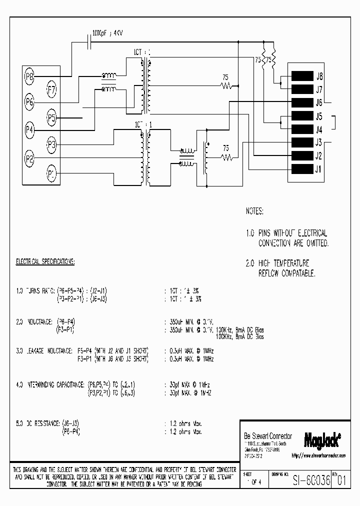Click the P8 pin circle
(29, 76)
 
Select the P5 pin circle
(52, 118)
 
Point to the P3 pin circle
(51, 145)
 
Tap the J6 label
(319, 103)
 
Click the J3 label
(319, 142)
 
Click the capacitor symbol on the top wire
(90, 43)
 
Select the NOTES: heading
(254, 212)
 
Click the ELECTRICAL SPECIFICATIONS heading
(45, 261)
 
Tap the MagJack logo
(322, 439)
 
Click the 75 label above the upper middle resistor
(226, 77)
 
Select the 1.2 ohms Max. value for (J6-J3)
(183, 424)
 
